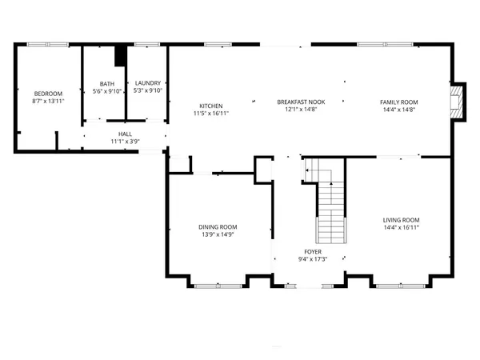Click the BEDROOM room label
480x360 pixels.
[x=48, y=94]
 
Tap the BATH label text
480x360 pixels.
[x=106, y=84]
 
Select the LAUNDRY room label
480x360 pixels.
[x=148, y=83]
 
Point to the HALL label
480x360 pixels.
[x=125, y=134]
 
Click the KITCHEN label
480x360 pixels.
[x=210, y=106]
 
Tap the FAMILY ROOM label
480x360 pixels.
[x=398, y=102]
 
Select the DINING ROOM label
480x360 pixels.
[x=218, y=227]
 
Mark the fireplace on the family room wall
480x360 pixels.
[x=457, y=102]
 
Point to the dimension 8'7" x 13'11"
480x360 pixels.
[x=48, y=102]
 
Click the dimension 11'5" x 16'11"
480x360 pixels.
[x=210, y=114]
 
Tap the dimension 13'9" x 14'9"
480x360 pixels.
[x=218, y=235]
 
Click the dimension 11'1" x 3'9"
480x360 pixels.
[x=125, y=142]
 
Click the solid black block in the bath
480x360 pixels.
[x=121, y=57]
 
